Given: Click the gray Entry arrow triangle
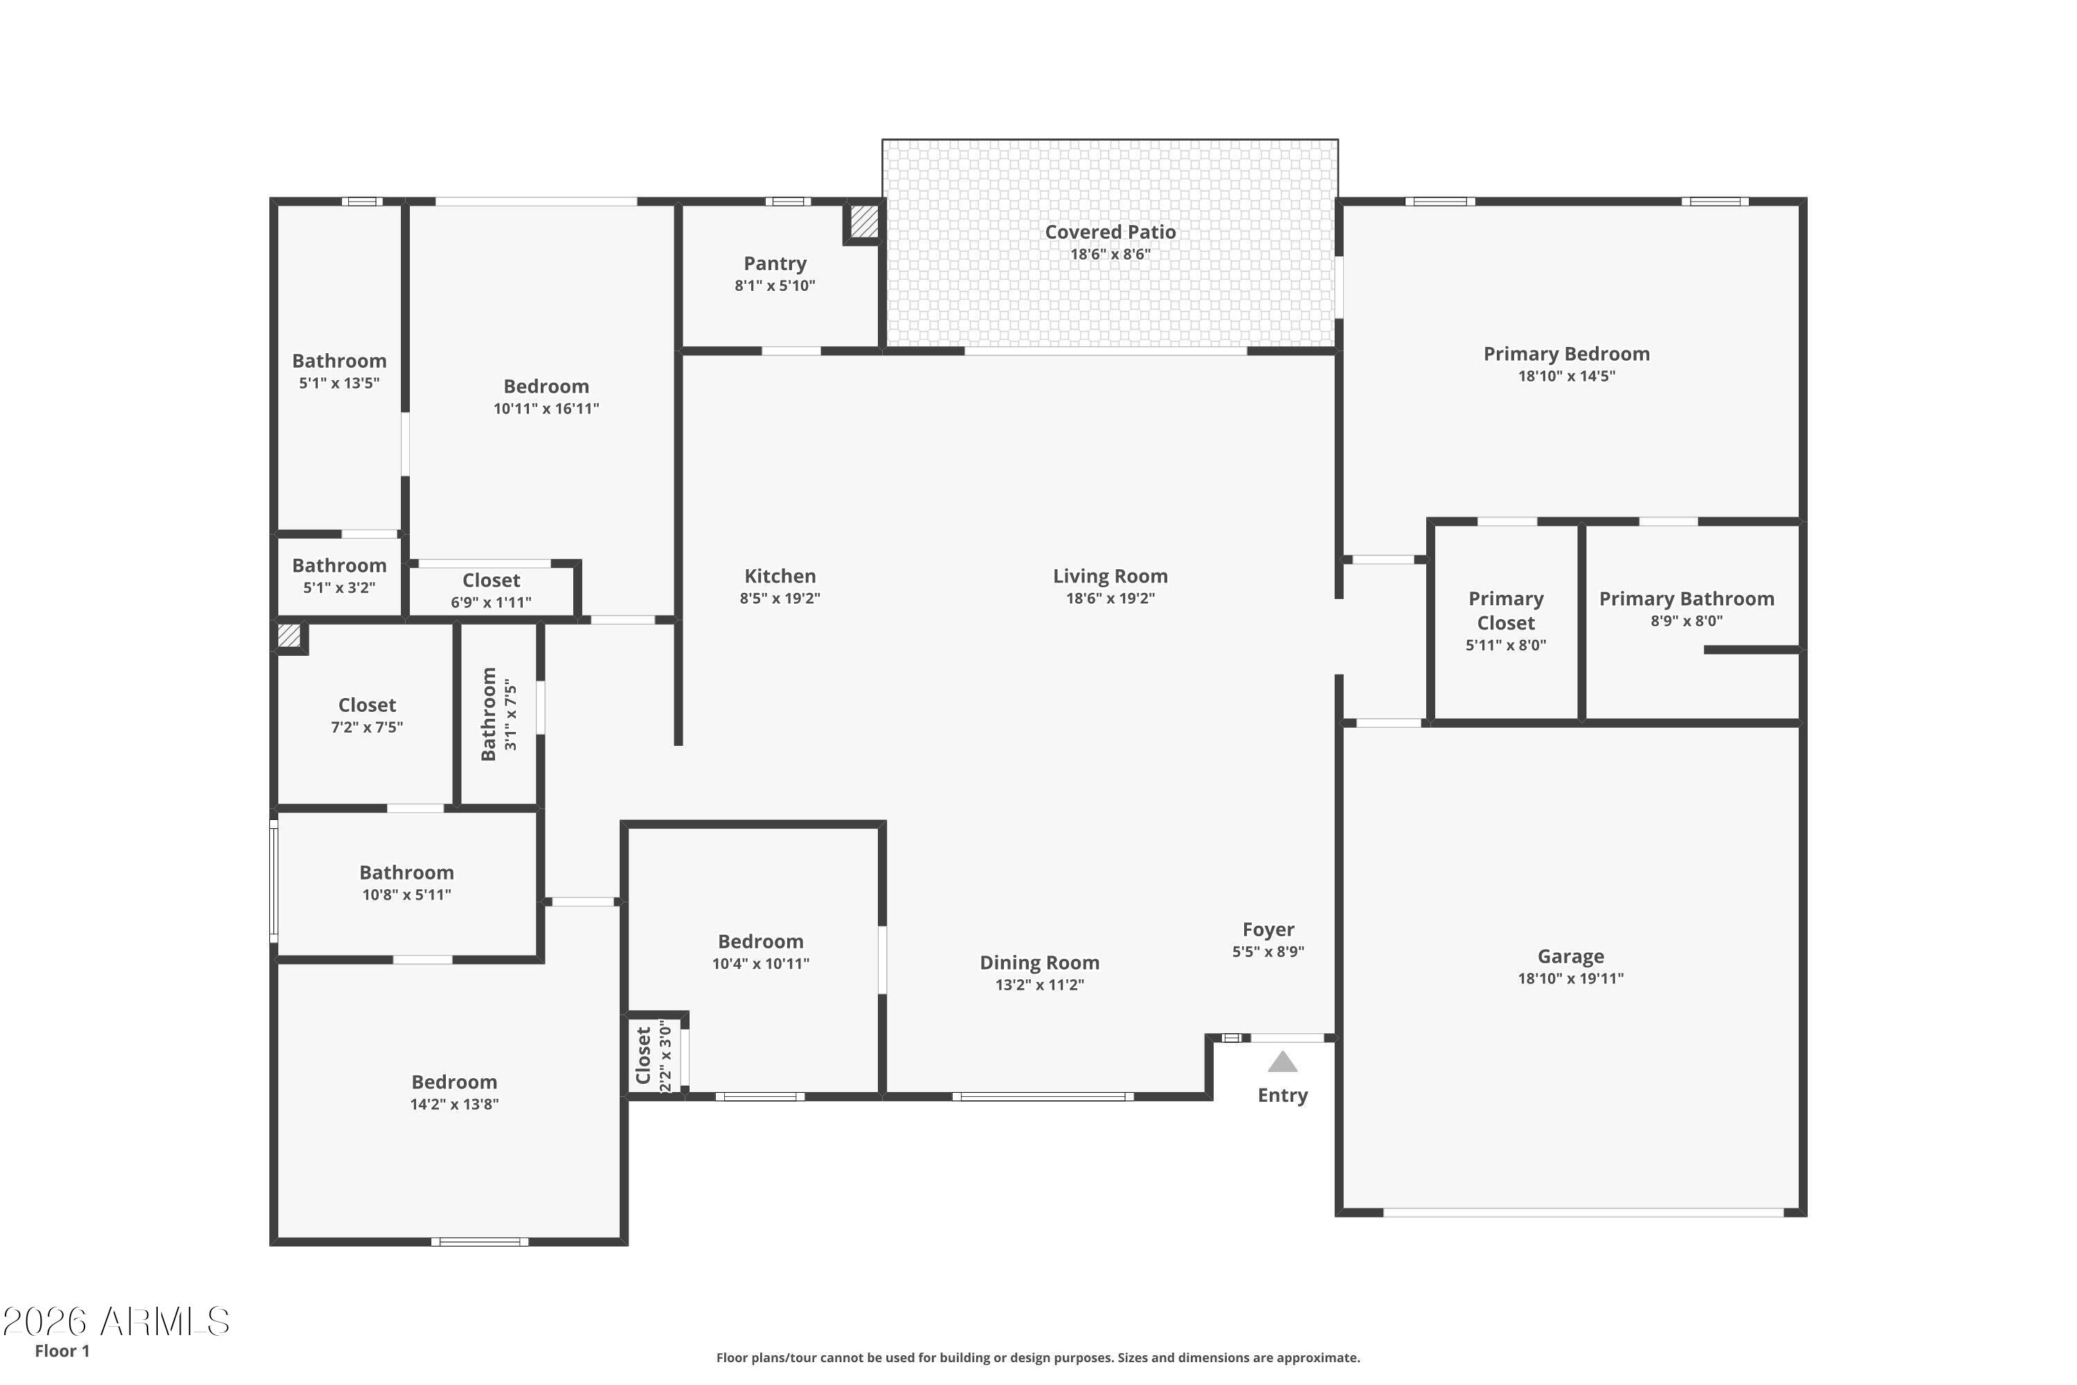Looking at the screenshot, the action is [x=1282, y=1062].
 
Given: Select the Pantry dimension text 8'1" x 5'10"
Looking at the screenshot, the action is [x=775, y=285].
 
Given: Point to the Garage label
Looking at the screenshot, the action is [x=1570, y=956].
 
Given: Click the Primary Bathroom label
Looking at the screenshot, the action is [x=1686, y=599].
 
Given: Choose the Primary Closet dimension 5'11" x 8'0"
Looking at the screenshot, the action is [x=1506, y=645].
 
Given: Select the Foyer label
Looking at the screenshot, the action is [x=1268, y=929].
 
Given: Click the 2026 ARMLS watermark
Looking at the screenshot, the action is [x=116, y=1322].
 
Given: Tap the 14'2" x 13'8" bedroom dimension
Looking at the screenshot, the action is [x=454, y=1104].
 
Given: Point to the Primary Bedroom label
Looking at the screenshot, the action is [x=1567, y=354].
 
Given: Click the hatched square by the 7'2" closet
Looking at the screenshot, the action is [x=289, y=636].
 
